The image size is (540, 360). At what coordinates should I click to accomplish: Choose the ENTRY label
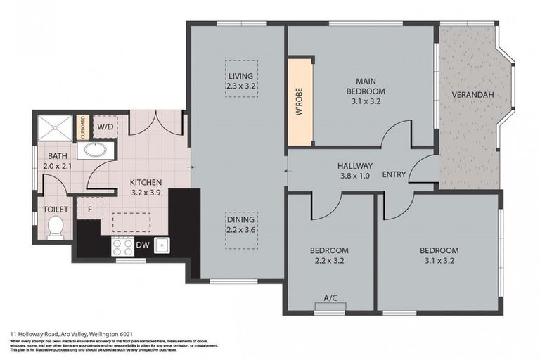pyautogui.click(x=394, y=174)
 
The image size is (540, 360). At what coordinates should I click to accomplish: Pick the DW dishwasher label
pyautogui.click(x=142, y=245)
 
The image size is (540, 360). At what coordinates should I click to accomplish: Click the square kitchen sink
pyautogui.click(x=162, y=245)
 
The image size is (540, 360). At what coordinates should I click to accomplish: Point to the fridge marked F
pyautogui.click(x=90, y=208)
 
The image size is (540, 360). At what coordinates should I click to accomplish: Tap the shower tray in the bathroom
pyautogui.click(x=55, y=127)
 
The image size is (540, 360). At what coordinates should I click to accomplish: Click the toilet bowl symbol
pyautogui.click(x=55, y=226)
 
